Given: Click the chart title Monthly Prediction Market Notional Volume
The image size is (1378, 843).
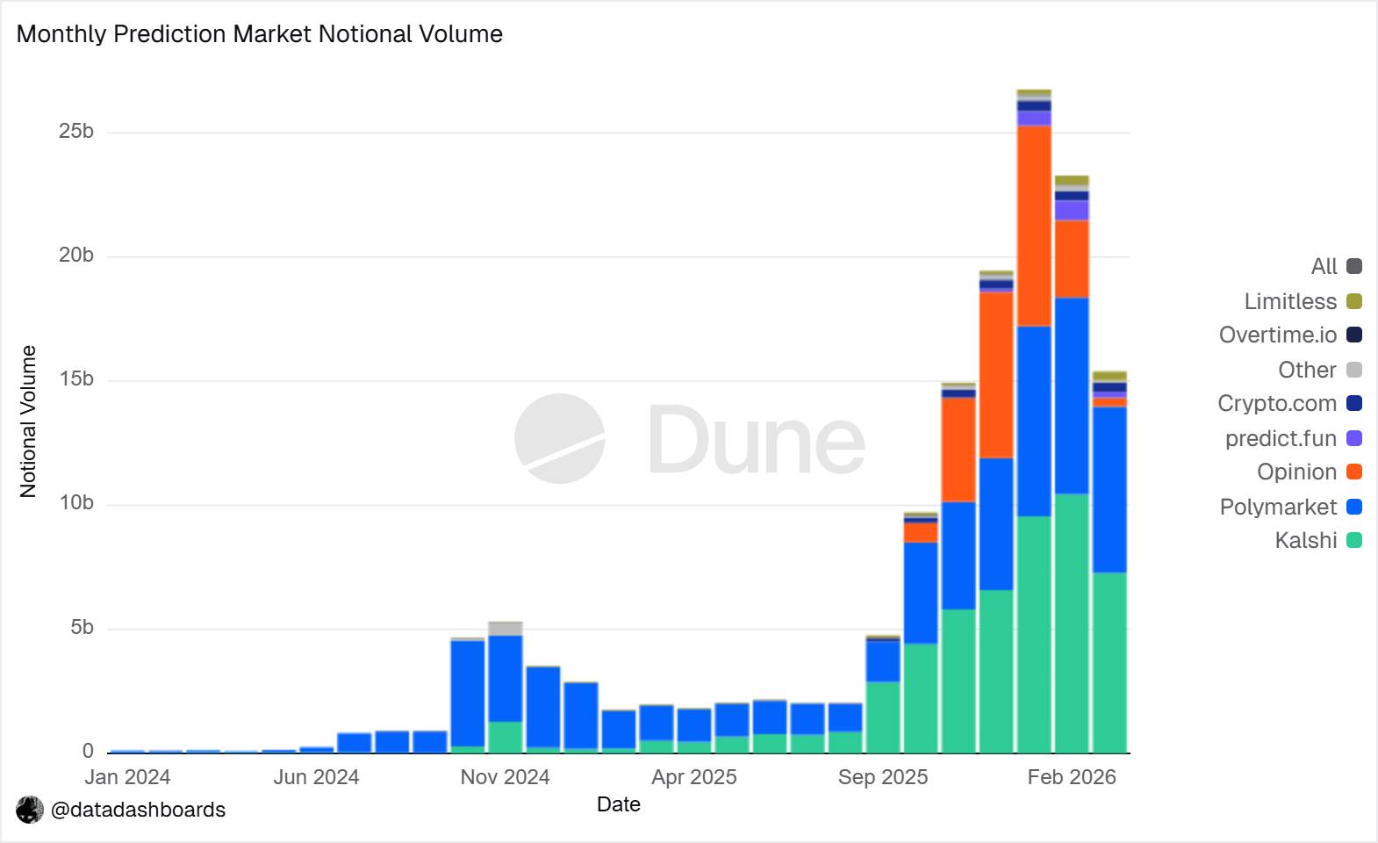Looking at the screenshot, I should [x=260, y=34].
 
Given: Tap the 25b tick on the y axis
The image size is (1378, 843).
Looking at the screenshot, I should [x=76, y=132].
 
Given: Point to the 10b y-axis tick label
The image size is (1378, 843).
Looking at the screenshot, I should [x=76, y=503].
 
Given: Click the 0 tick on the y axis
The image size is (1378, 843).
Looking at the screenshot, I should [x=88, y=751].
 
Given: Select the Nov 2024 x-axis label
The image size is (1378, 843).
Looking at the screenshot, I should [x=505, y=777].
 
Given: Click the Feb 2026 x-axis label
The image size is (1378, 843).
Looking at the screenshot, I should [x=1072, y=777].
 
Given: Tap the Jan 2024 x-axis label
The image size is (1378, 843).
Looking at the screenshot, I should [x=127, y=777].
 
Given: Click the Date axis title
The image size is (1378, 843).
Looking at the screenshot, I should [x=618, y=804].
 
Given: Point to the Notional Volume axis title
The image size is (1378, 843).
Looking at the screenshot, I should [x=28, y=421].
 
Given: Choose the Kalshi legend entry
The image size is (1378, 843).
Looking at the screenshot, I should [x=1306, y=541].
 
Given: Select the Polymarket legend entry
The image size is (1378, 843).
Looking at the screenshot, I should [x=1278, y=508].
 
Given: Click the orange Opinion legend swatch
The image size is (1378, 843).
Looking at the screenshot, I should [x=1354, y=472].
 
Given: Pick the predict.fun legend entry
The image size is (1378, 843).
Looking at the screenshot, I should [x=1281, y=438].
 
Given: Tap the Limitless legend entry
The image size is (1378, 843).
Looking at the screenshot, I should [x=1290, y=302].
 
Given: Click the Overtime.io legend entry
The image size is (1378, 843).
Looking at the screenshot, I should [x=1278, y=335].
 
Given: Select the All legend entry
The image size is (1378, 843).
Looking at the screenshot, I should [x=1324, y=267].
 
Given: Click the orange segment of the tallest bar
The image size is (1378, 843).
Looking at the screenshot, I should [x=1034, y=226].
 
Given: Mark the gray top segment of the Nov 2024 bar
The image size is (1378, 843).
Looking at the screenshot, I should [x=506, y=629].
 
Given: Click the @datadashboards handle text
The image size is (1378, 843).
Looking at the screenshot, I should [x=138, y=810].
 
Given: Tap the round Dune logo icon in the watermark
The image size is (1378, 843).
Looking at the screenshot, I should [x=559, y=438].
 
